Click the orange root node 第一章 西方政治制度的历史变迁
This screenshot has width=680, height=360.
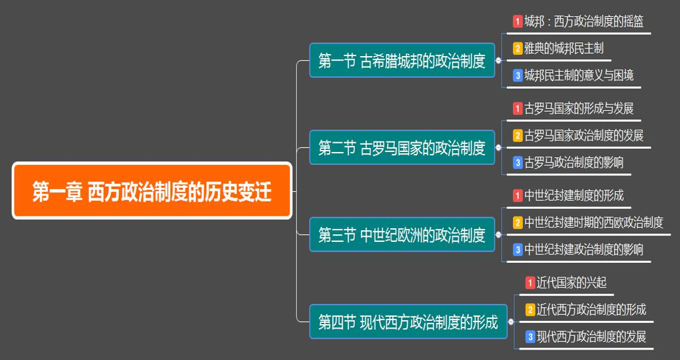(x=152, y=190)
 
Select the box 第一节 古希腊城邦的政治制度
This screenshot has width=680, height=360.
(x=402, y=60)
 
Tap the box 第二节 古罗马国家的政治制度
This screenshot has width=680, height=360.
(x=402, y=147)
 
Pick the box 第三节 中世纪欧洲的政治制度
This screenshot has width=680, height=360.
(x=402, y=234)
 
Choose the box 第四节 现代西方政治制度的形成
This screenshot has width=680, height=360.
(x=408, y=322)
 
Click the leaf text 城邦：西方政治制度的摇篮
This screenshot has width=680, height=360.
(x=583, y=22)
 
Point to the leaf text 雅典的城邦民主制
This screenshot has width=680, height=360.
(x=564, y=48)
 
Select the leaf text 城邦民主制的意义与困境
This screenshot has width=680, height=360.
(x=579, y=76)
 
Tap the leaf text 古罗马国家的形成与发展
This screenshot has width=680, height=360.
(x=579, y=108)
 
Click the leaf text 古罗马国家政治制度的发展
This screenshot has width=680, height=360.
(x=583, y=135)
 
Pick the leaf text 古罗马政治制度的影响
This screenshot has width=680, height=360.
(x=574, y=162)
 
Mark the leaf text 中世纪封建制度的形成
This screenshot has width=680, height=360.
(x=574, y=196)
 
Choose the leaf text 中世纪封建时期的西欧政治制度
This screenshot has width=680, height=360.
(x=594, y=222)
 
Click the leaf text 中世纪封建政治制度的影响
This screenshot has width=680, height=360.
(x=583, y=250)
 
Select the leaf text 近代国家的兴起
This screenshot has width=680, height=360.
(x=572, y=282)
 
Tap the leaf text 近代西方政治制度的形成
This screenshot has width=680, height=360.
(x=591, y=309)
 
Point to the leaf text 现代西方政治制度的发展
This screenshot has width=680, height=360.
(x=591, y=337)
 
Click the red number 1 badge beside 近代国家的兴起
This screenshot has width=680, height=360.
(x=530, y=283)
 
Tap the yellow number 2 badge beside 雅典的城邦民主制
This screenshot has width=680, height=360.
(x=518, y=48)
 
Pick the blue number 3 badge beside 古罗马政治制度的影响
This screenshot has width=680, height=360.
(x=518, y=163)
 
